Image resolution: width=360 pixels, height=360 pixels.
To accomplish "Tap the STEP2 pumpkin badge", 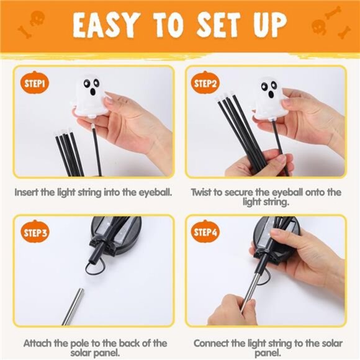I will click(x=205, y=83).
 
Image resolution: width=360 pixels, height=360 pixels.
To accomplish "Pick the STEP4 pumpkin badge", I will click(x=205, y=233).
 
